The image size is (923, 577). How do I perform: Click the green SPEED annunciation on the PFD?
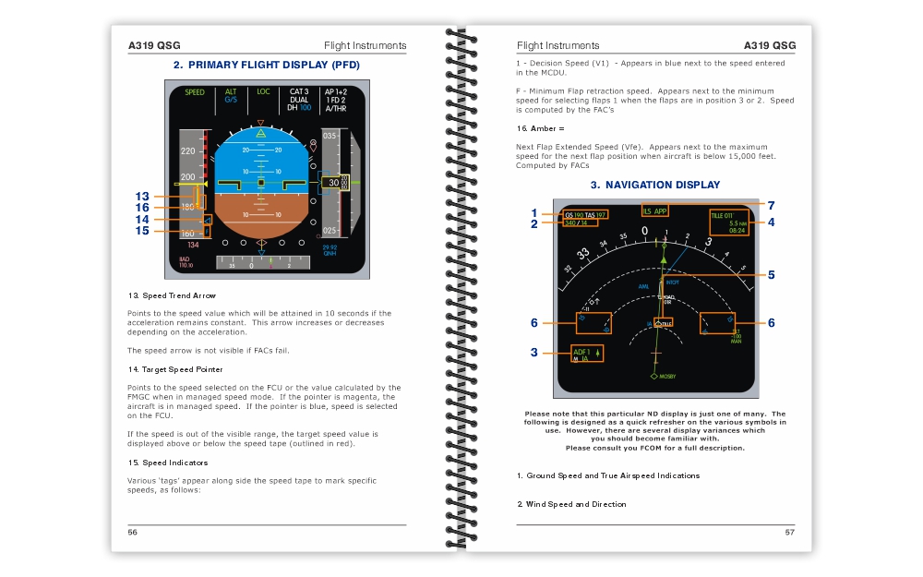[x=195, y=92]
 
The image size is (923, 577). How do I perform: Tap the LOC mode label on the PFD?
[x=264, y=91]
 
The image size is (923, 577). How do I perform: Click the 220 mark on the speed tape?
[x=188, y=150]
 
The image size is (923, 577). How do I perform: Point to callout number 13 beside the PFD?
[x=142, y=197]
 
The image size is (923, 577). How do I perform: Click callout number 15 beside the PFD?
[x=142, y=231]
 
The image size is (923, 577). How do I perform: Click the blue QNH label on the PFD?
[x=330, y=253]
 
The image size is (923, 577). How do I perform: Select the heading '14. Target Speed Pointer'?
[x=176, y=369]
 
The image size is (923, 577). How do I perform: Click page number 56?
[x=133, y=532]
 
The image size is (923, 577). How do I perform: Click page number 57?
[x=789, y=532]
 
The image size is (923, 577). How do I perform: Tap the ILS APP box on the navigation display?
[x=653, y=210]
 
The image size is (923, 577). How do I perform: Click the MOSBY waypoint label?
[x=666, y=377]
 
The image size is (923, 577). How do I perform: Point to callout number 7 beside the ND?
[x=771, y=205]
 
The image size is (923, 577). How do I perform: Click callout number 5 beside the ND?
[x=771, y=274]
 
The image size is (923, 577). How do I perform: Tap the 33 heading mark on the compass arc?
[x=583, y=254]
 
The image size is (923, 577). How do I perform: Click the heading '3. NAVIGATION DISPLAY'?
[x=655, y=185]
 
